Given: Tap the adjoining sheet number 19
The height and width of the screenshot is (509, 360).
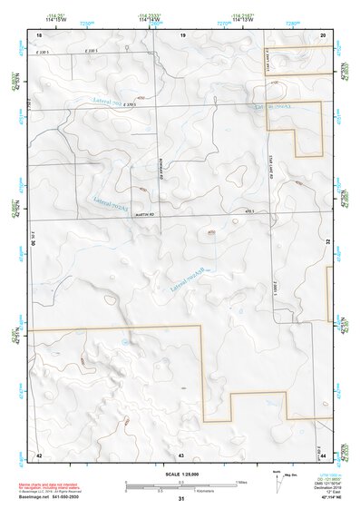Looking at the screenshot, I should tap(182, 34).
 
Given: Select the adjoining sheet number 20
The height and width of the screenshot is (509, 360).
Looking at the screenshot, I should tap(324, 34).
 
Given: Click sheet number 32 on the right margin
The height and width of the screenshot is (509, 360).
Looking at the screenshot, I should tap(328, 242).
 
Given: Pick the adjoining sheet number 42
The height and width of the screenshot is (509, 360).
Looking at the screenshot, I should tap(39, 453).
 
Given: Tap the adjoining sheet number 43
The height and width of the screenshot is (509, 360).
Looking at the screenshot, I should tap(181, 453).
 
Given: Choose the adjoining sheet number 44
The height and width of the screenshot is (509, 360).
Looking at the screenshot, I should tap(324, 453).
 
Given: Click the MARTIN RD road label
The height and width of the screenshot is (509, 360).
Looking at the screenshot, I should tap(146, 214).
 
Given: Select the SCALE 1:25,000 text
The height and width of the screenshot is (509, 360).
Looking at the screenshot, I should tap(181, 474).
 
